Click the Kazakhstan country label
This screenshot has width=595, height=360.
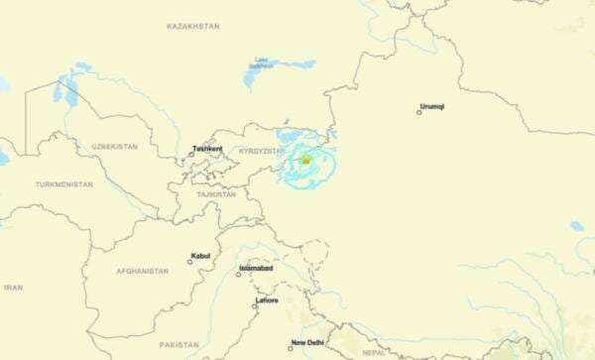[192, 26]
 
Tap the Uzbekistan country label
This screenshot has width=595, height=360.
[114, 147]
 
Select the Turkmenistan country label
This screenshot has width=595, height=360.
[64, 184]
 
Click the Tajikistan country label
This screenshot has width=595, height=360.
[216, 194]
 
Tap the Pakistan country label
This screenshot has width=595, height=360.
[178, 344]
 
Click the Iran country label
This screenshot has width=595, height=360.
[13, 288]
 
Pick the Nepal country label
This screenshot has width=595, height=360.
[373, 351]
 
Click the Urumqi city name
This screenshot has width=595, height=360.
[434, 105]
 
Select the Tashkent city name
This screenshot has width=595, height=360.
[207, 149]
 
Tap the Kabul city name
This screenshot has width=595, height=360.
[200, 256]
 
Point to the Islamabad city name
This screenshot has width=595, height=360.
[256, 269]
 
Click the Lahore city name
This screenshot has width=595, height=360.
[267, 300]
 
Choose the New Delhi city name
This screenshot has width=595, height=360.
[306, 343]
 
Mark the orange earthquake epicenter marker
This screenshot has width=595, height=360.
[306, 160]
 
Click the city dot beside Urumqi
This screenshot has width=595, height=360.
[419, 112]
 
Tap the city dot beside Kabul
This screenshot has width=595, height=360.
[189, 262]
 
